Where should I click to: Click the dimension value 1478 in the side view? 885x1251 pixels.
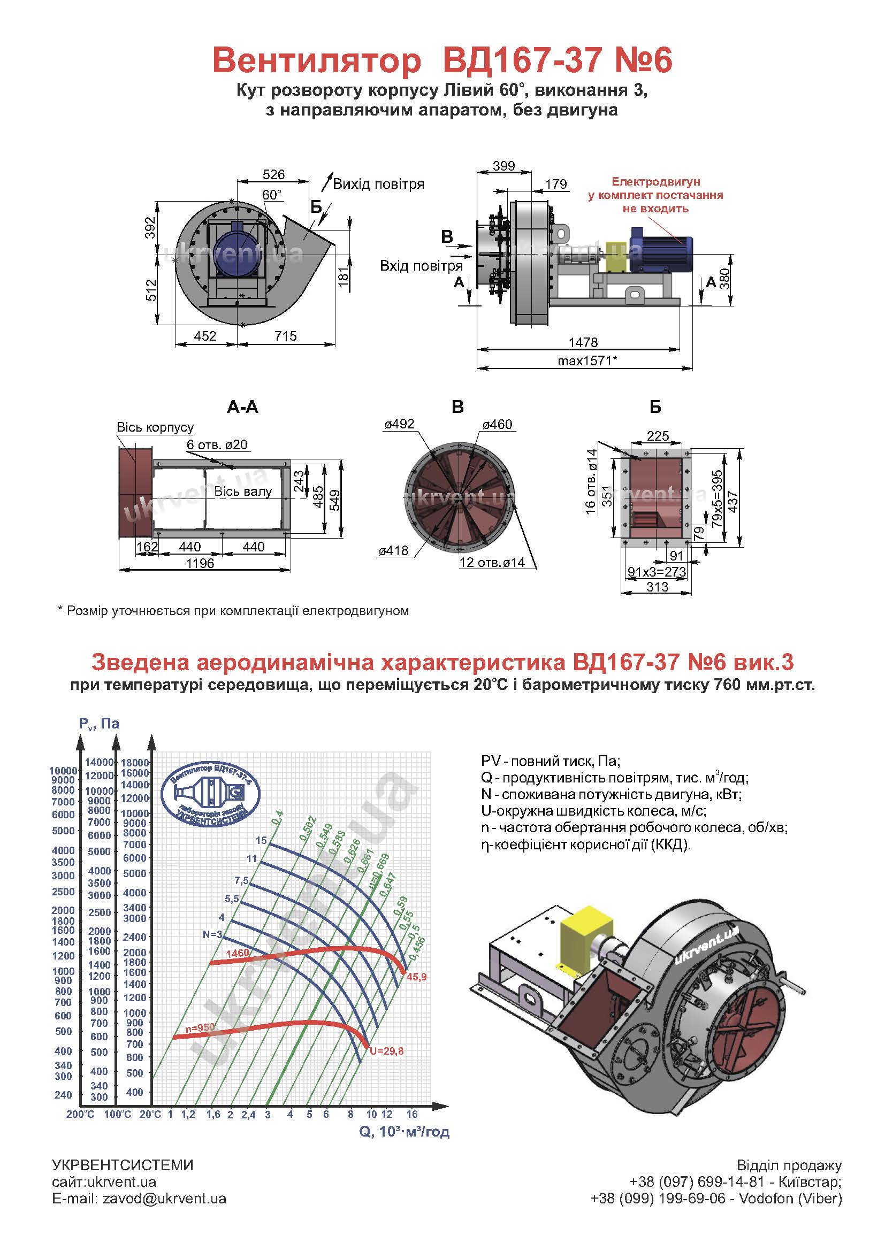click(583, 342)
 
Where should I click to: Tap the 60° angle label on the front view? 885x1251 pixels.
click(272, 195)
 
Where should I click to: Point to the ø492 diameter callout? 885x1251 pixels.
click(399, 424)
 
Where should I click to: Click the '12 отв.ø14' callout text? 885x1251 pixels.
click(492, 562)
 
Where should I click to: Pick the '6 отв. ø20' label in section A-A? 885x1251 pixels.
click(217, 444)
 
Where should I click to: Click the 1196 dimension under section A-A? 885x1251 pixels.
click(200, 563)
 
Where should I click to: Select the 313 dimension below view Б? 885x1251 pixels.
click(657, 587)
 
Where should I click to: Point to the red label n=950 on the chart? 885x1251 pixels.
click(200, 1027)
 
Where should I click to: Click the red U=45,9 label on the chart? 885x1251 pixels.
click(416, 977)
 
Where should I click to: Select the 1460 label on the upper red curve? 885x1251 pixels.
click(237, 953)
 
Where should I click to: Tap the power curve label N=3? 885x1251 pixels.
click(212, 934)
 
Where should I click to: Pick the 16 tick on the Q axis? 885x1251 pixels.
click(412, 1114)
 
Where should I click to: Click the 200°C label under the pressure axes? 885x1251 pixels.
click(80, 1115)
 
